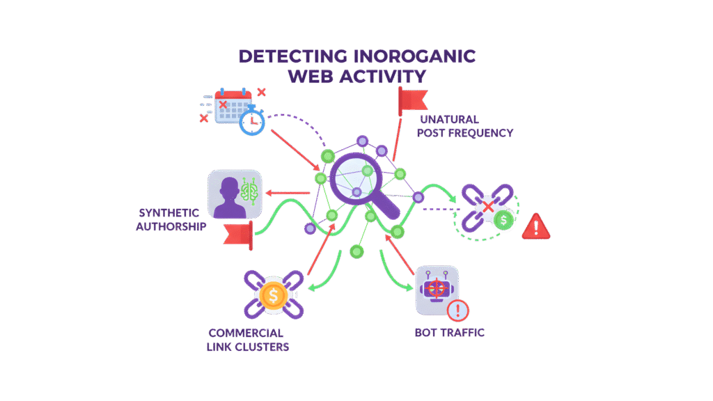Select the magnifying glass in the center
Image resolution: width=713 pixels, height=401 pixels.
(356, 178)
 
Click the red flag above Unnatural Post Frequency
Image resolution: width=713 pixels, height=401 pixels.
(412, 102)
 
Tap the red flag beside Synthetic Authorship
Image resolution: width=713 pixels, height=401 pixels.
(240, 235)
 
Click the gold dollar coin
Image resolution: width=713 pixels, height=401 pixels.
(274, 296)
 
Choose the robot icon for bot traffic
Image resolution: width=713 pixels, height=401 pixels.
(435, 288)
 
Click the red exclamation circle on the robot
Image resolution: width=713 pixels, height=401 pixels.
(457, 310)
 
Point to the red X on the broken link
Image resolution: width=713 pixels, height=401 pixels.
(489, 207)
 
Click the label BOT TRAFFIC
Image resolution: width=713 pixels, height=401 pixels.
(449, 333)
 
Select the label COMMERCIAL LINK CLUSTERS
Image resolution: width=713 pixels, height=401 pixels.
(249, 340)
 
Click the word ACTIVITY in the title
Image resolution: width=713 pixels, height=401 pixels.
(386, 76)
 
